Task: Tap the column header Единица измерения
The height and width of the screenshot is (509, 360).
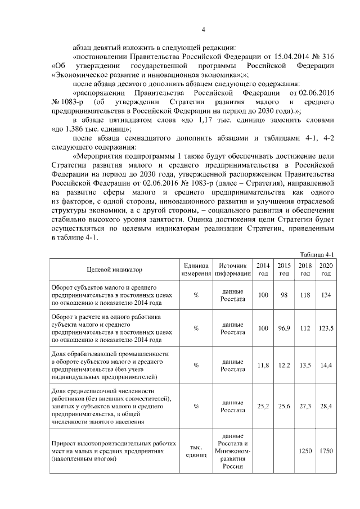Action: pyautogui.click(x=196, y=269)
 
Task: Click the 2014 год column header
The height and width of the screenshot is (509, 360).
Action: pyautogui.click(x=263, y=269)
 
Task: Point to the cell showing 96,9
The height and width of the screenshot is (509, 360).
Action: pyautogui.click(x=284, y=328)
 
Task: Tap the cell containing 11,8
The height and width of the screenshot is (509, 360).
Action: pyautogui.click(x=263, y=365)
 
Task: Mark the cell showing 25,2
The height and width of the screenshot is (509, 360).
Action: pyautogui.click(x=263, y=405)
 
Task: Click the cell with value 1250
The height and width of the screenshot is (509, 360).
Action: pyautogui.click(x=305, y=452)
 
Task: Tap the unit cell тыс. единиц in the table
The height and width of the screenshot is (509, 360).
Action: pyautogui.click(x=196, y=452)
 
